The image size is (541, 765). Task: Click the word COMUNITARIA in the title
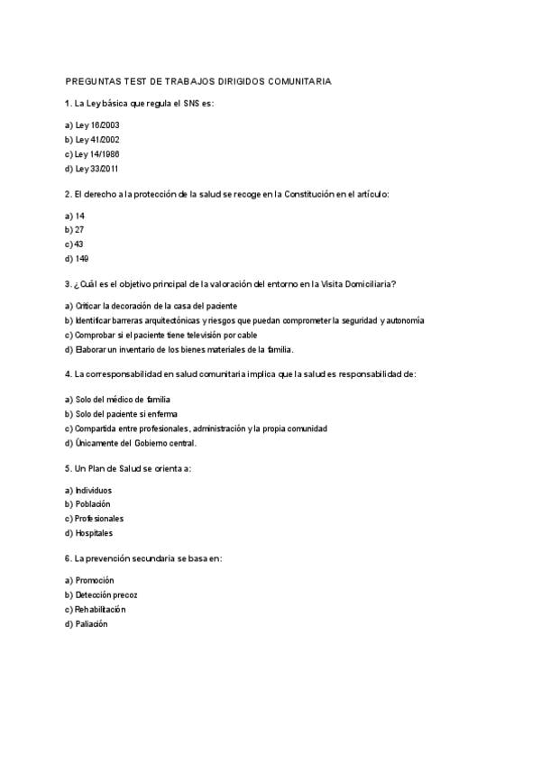(298, 81)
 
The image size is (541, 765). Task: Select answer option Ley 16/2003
(93, 124)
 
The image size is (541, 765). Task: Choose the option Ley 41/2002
(93, 140)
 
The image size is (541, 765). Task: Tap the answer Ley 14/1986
(93, 154)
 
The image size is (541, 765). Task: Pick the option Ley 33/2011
(93, 169)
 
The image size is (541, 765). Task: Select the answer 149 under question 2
(82, 259)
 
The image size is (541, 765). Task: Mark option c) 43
(79, 244)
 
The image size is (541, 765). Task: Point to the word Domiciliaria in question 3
(363, 283)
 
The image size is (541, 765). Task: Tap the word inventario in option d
(136, 349)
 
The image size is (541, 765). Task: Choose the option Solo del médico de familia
(118, 399)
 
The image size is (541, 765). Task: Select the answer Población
(93, 503)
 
